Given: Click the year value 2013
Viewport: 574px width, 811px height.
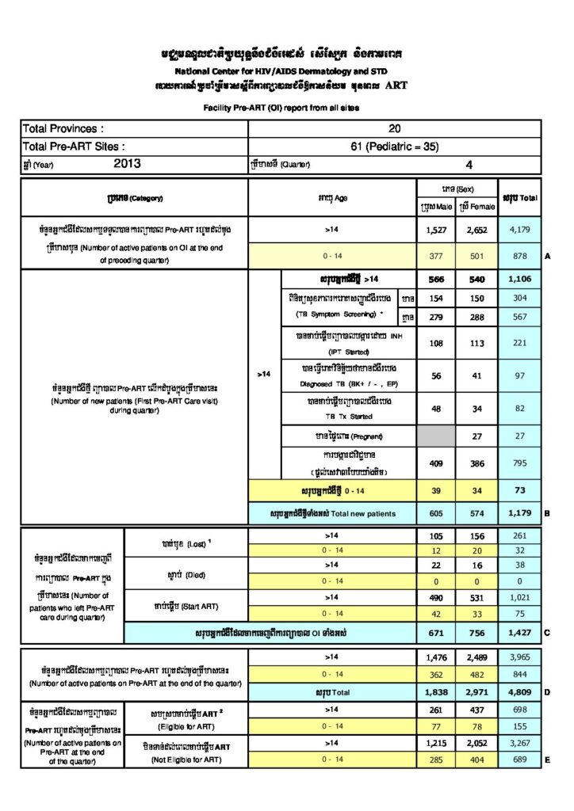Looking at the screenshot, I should (128, 165).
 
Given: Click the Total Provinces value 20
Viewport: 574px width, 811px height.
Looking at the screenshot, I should (394, 128).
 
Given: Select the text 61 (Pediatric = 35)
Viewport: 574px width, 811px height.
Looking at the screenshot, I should (394, 147).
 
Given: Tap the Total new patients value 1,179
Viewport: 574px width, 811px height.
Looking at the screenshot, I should (519, 513).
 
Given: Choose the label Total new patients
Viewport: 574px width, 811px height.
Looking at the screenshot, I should (333, 513).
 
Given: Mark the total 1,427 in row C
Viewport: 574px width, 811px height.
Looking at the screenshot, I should (519, 634).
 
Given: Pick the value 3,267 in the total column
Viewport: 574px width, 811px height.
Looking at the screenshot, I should (519, 744).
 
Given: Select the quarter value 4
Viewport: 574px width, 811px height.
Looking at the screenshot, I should (469, 165).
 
